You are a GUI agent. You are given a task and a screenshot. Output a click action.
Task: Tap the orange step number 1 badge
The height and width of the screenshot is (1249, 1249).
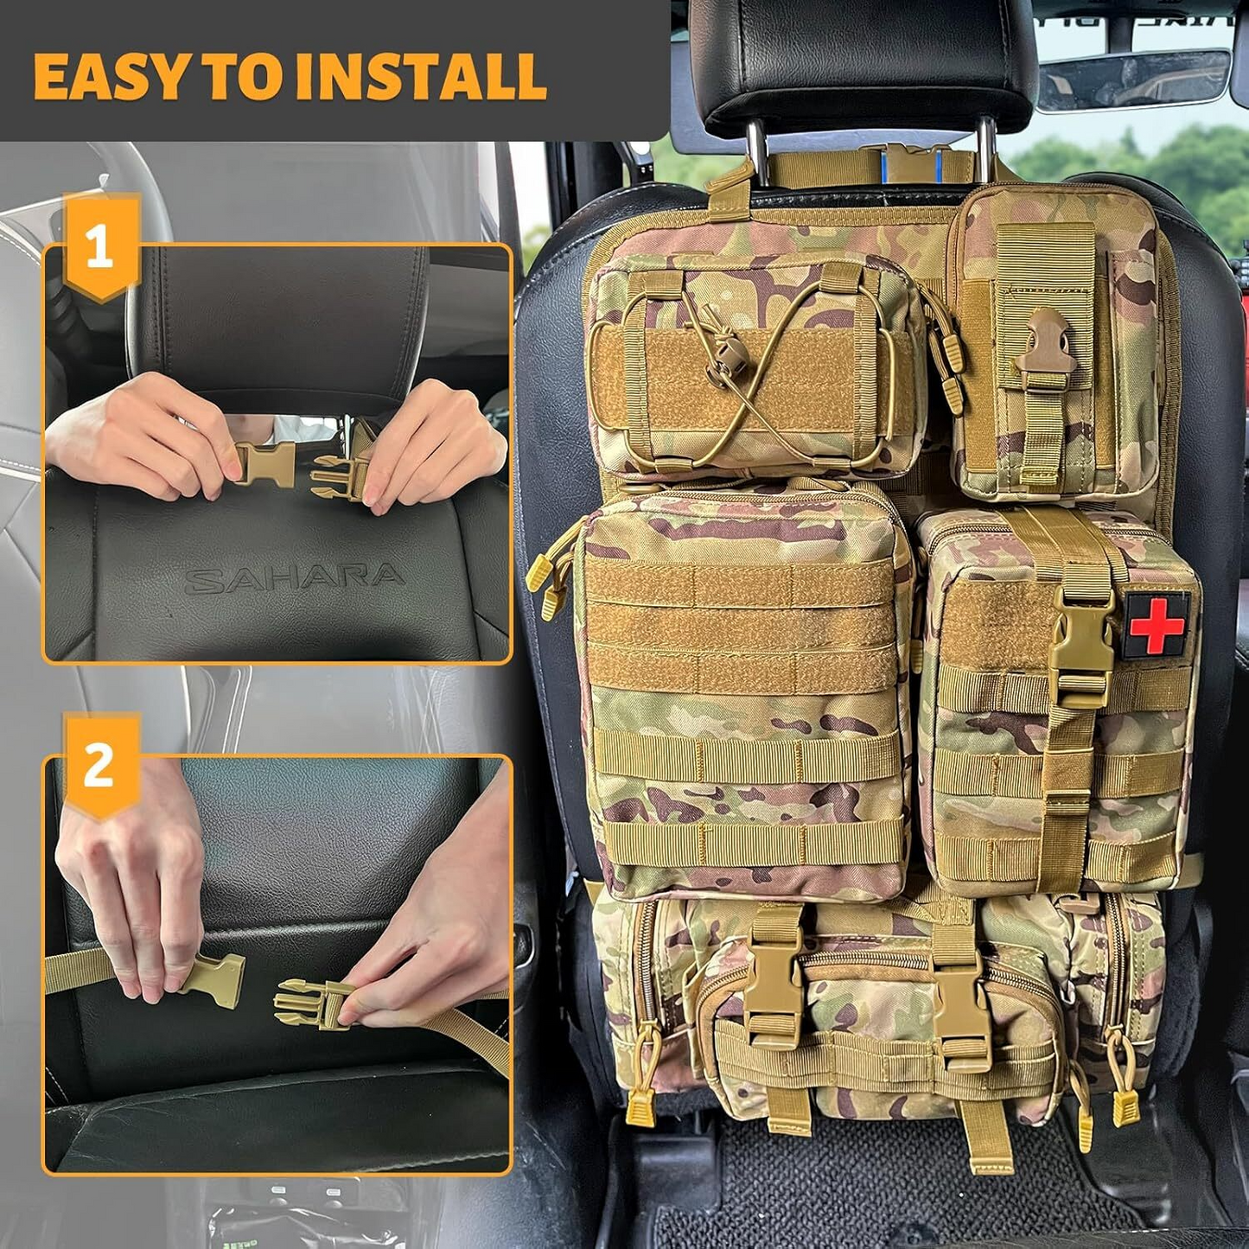point(100,247)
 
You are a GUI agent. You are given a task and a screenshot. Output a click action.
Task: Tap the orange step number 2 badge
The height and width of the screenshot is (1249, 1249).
point(100,766)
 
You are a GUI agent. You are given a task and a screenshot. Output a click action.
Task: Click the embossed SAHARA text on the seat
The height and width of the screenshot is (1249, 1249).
point(294,579)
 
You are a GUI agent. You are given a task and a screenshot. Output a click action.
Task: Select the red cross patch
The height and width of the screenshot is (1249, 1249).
point(1156,625)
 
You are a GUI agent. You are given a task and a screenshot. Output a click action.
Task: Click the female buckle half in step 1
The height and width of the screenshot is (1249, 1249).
point(264,465)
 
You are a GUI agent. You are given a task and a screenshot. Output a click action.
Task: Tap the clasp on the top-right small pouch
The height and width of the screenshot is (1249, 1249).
point(1046,351)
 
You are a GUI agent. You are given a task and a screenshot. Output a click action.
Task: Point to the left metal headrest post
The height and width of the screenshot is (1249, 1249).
point(757,152)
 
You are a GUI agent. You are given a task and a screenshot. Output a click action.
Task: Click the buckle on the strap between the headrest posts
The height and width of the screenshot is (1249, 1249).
point(909,163)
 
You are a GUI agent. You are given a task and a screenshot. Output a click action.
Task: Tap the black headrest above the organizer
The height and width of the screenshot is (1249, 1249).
point(864,61)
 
